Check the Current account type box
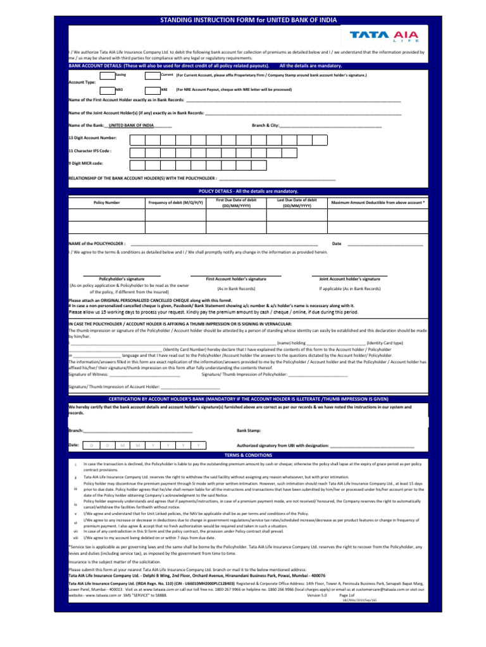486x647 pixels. [x=153, y=76]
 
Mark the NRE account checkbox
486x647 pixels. [x=153, y=90]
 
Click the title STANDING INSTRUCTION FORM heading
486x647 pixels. [x=247, y=21]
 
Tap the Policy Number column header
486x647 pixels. [x=106, y=202]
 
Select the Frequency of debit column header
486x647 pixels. [x=175, y=202]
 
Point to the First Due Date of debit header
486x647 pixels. [x=236, y=202]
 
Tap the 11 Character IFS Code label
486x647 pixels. [x=90, y=151]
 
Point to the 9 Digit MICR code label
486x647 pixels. [x=85, y=164]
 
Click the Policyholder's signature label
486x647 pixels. [x=121, y=279]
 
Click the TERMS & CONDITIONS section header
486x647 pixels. [x=247, y=455]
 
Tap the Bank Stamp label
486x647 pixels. [x=248, y=430]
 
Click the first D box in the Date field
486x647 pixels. [x=91, y=445]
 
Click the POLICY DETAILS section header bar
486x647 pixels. [x=247, y=191]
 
